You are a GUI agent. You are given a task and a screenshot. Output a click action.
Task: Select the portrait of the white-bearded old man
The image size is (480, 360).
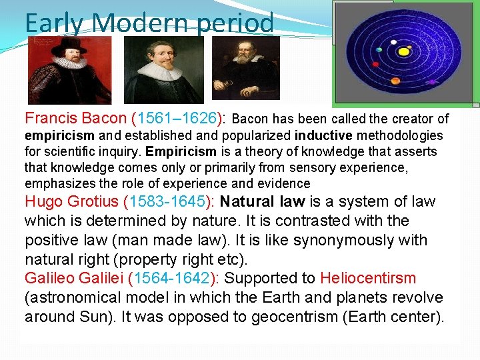pos(245,67)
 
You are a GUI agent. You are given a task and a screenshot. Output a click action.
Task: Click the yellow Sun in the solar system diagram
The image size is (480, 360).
pos(403,51)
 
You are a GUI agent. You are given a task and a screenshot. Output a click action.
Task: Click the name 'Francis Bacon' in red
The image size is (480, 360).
pos(75,119)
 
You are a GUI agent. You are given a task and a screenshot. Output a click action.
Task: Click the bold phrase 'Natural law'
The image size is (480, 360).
pos(261,202)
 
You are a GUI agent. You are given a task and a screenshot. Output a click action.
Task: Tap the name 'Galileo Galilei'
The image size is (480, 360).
pos(73,279)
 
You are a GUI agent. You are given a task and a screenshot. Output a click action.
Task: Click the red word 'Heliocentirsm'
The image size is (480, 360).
pos(368,279)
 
